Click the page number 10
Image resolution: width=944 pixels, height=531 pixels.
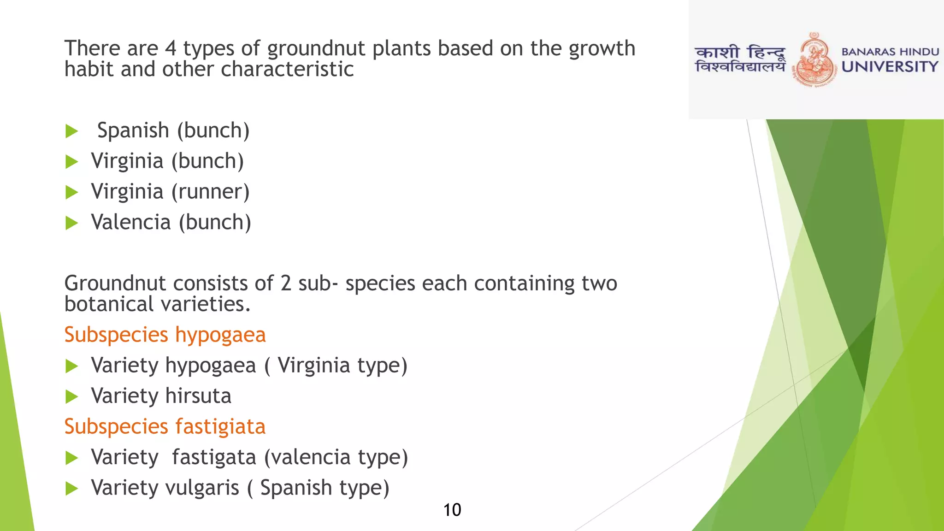click(452, 510)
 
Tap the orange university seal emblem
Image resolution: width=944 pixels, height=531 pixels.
click(814, 60)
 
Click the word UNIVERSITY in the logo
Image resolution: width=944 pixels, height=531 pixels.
click(890, 67)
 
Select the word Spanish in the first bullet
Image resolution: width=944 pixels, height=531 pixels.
click(133, 130)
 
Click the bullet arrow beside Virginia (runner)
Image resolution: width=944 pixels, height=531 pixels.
click(72, 192)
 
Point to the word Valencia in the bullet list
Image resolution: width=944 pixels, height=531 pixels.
click(131, 222)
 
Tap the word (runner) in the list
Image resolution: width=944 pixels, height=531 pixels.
click(211, 192)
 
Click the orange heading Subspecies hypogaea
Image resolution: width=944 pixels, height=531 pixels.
click(165, 335)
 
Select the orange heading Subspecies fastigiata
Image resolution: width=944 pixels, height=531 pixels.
click(165, 426)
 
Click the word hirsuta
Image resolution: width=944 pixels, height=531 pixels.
click(198, 396)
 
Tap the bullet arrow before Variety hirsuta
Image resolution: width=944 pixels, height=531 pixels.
click(72, 396)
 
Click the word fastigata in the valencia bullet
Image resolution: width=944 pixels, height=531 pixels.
click(214, 457)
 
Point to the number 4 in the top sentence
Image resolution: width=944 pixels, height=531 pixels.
click(171, 48)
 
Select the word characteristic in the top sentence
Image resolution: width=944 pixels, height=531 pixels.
click(287, 70)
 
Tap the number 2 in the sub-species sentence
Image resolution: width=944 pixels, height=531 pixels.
click(286, 283)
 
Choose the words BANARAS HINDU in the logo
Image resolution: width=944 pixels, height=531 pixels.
click(890, 52)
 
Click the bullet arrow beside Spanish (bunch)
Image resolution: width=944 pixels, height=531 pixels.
click(72, 131)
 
